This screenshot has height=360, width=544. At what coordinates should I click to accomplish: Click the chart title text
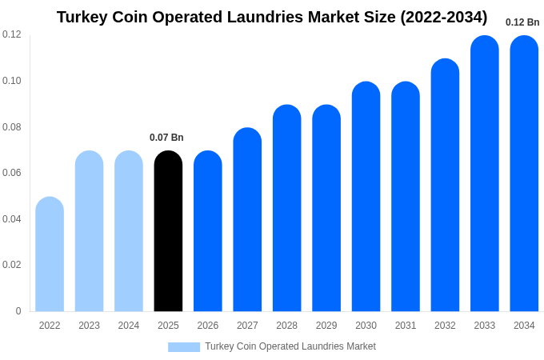pos(272,17)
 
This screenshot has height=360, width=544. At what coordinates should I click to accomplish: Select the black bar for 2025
pos(168,232)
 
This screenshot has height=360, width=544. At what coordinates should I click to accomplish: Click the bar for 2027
pos(247,220)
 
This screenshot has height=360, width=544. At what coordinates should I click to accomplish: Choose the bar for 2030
pos(366,197)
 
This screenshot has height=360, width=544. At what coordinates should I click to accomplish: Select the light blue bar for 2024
pos(129,232)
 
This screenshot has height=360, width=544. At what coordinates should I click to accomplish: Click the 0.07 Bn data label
pos(166,138)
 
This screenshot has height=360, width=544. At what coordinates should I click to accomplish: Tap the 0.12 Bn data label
pos(522,22)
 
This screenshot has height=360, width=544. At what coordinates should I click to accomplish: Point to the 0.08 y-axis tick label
pos(12,126)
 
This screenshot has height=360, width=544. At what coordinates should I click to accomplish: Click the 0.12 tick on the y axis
pos(12,34)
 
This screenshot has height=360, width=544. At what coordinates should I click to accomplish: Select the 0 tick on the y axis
pos(18,311)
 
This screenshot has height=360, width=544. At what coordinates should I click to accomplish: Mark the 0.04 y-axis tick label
pos(12,219)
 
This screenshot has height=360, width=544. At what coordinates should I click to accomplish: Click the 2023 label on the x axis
pos(89,326)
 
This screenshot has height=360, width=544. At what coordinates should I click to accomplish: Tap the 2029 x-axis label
pos(326,326)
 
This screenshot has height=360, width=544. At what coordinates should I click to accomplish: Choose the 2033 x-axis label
pos(484,326)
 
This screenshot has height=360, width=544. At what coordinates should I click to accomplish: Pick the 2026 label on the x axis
pos(208,326)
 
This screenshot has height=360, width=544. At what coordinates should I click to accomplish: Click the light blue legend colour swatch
pos(184,346)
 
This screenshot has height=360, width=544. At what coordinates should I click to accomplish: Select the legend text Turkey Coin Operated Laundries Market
pos(290,346)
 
